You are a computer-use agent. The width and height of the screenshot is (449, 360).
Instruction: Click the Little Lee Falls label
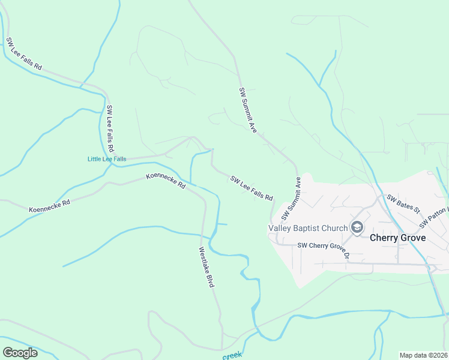(x=107, y=159)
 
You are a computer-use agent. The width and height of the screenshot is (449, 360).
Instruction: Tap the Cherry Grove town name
(x=397, y=238)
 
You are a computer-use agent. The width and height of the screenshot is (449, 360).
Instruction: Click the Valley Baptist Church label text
(x=308, y=228)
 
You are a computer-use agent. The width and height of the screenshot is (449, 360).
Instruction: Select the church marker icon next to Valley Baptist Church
(x=357, y=227)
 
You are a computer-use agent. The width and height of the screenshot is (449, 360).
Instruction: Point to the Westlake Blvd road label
(x=206, y=267)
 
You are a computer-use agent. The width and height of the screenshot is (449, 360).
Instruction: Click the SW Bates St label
(x=403, y=205)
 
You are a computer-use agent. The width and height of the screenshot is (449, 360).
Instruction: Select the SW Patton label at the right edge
(x=434, y=217)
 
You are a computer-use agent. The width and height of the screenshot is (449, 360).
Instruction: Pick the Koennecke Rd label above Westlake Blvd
(x=165, y=181)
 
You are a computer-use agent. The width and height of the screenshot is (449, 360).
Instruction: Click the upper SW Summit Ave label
(x=248, y=110)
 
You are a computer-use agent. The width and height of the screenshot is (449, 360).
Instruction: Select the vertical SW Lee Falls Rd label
(x=110, y=129)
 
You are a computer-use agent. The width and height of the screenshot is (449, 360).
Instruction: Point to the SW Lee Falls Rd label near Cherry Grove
(x=252, y=188)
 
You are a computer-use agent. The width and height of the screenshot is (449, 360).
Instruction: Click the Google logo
(x=20, y=352)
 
